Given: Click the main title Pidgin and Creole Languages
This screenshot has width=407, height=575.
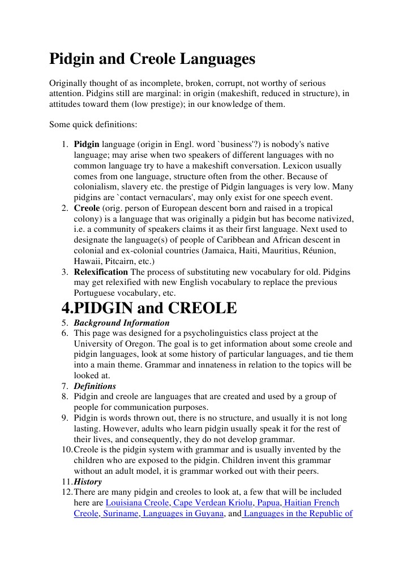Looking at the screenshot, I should (x=152, y=59).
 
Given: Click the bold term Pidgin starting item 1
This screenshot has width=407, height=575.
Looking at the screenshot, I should (x=87, y=144).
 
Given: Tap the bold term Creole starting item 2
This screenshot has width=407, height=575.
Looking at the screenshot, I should (x=87, y=208).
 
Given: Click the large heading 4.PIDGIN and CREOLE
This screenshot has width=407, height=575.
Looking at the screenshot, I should (x=148, y=308).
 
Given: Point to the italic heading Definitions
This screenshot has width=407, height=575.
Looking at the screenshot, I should (x=95, y=386).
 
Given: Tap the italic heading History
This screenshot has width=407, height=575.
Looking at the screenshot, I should (x=88, y=482).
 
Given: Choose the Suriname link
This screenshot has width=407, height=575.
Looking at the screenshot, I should (x=121, y=513).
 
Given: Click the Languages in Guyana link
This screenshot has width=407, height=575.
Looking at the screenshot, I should (x=182, y=513).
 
